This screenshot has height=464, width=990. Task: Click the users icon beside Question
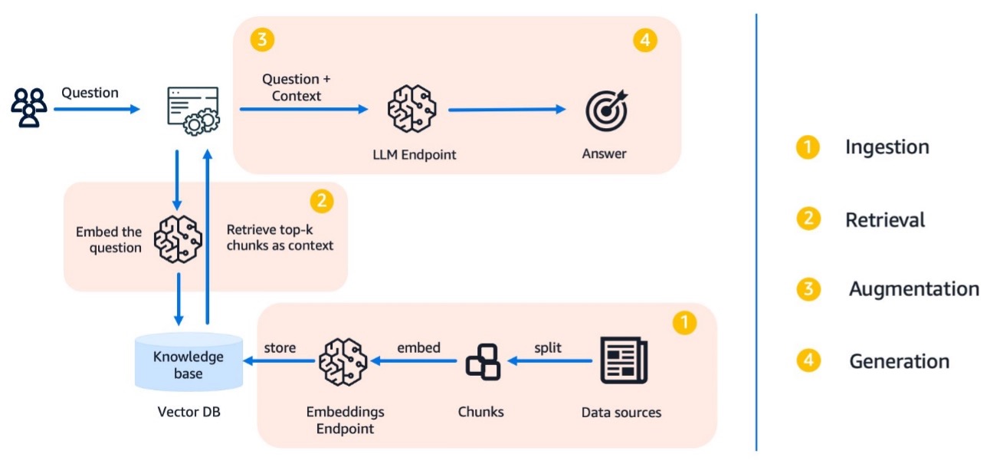[29, 108]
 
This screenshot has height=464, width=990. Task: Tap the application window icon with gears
[192, 110]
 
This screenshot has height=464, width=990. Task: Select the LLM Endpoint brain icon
[411, 110]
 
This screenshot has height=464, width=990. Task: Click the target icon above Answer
[605, 110]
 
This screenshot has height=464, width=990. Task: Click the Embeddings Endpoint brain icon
[343, 361]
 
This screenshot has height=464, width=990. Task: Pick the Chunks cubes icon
[483, 362]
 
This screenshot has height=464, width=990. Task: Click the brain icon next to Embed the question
[177, 239]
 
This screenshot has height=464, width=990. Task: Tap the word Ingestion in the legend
[887, 147]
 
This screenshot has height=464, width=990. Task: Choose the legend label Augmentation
[913, 289]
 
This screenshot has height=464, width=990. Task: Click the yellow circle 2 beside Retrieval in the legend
[808, 220]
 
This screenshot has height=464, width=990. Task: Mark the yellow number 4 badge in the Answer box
[645, 41]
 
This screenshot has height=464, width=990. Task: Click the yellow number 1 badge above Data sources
[683, 323]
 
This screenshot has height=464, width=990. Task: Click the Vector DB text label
[188, 413]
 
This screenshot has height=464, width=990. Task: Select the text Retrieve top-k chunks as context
[280, 238]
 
